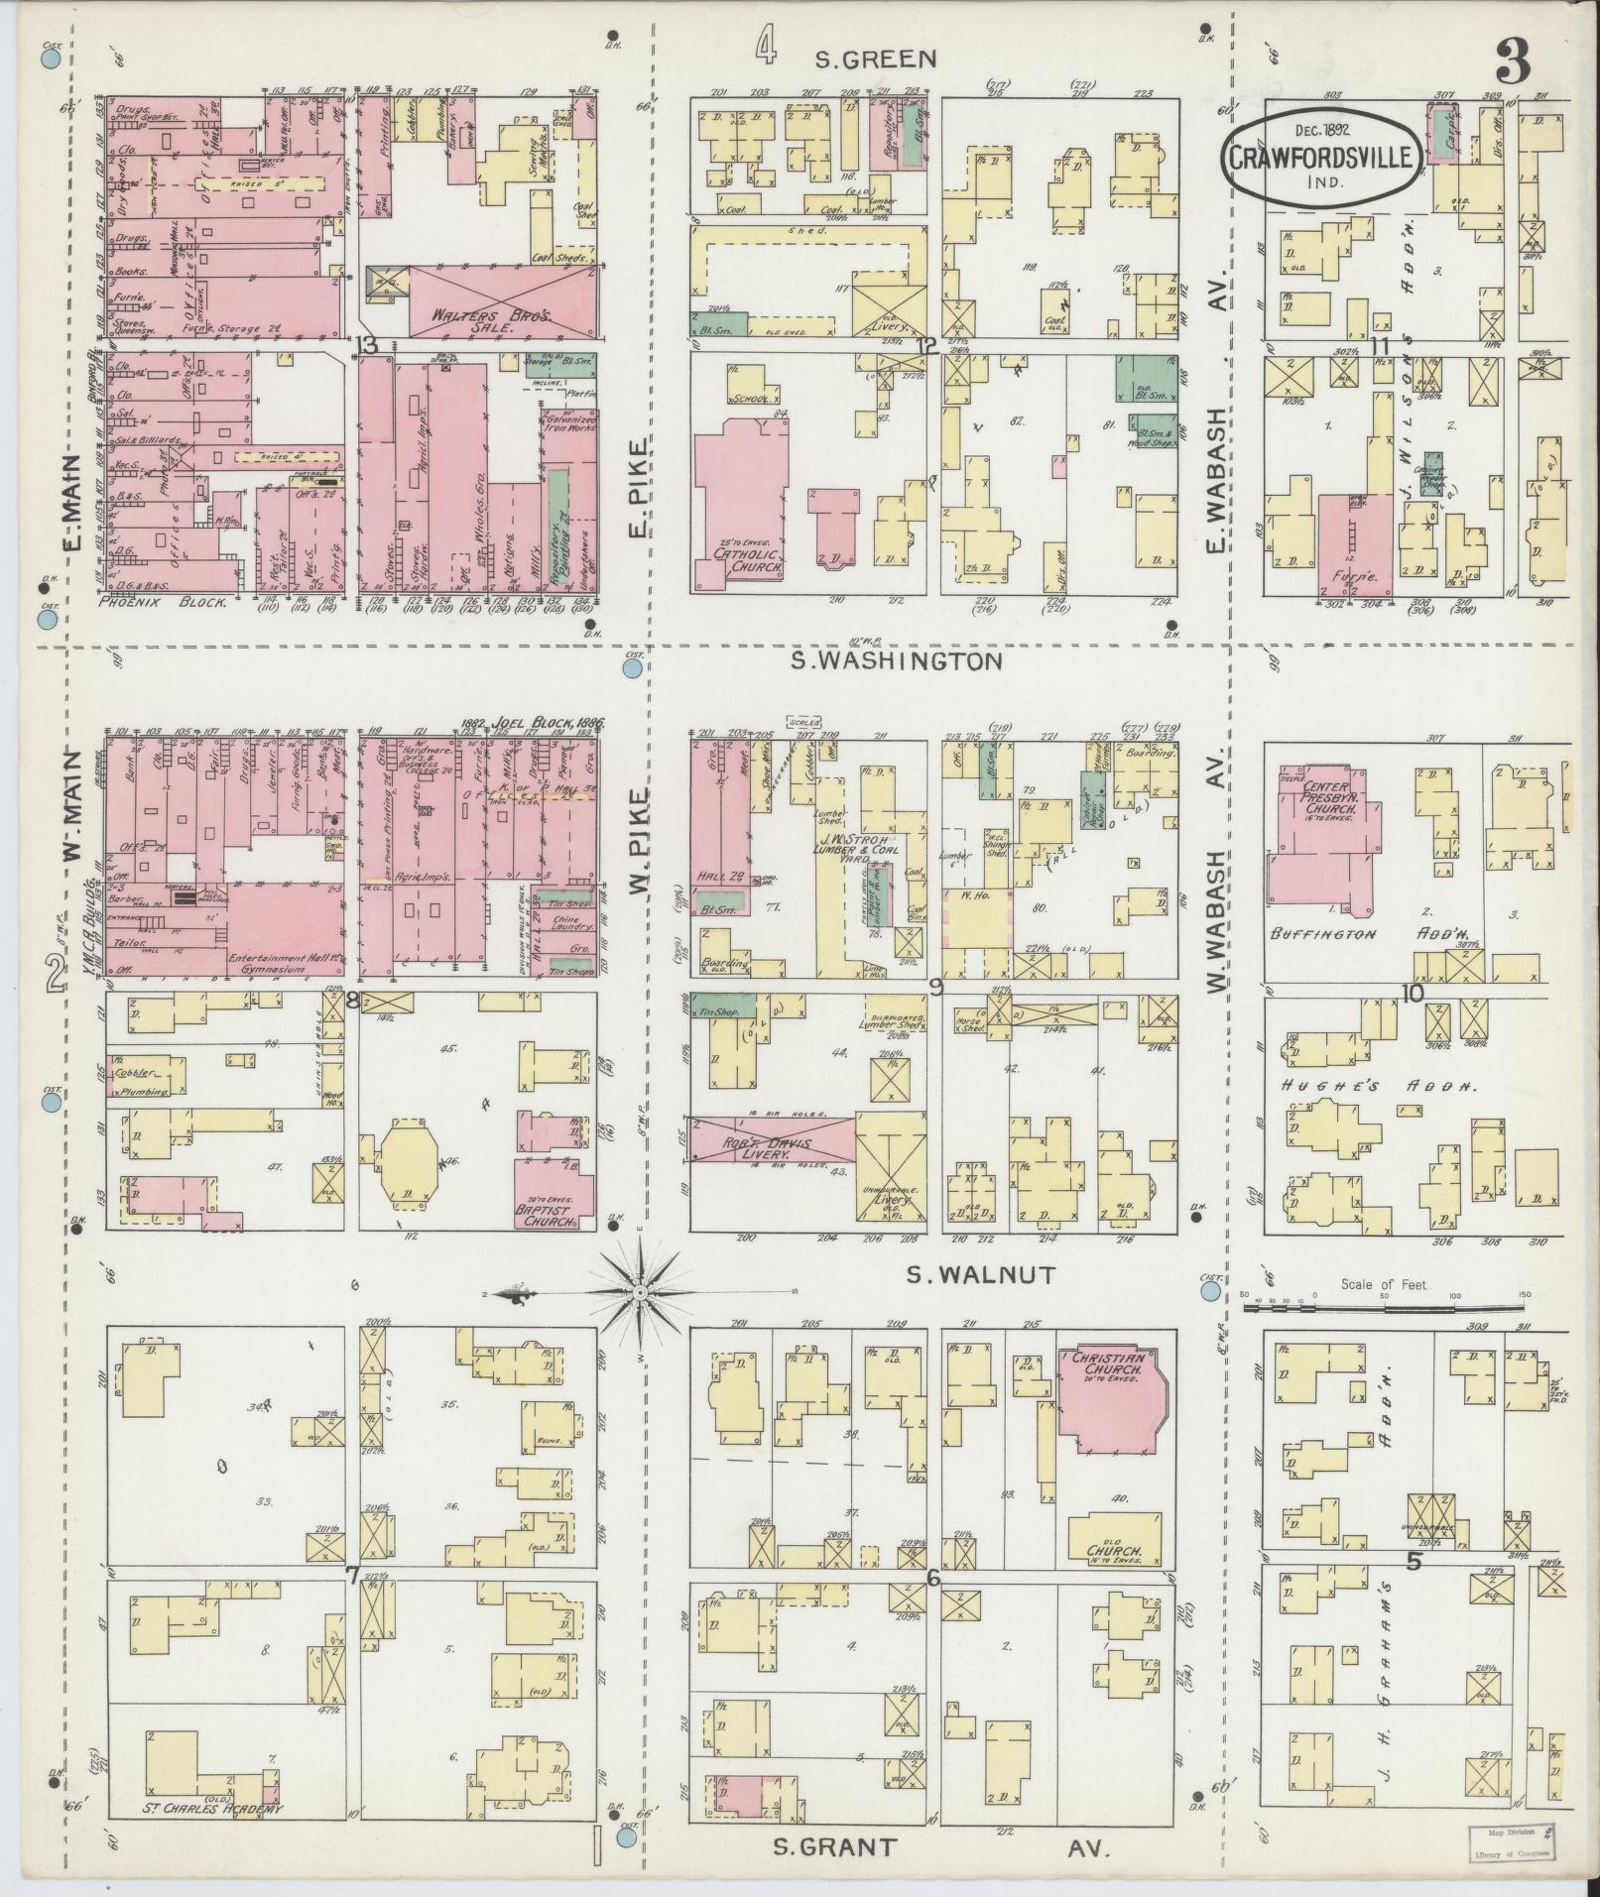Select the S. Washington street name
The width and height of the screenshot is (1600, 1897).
click(x=896, y=661)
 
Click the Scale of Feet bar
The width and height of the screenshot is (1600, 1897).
click(x=1384, y=1310)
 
